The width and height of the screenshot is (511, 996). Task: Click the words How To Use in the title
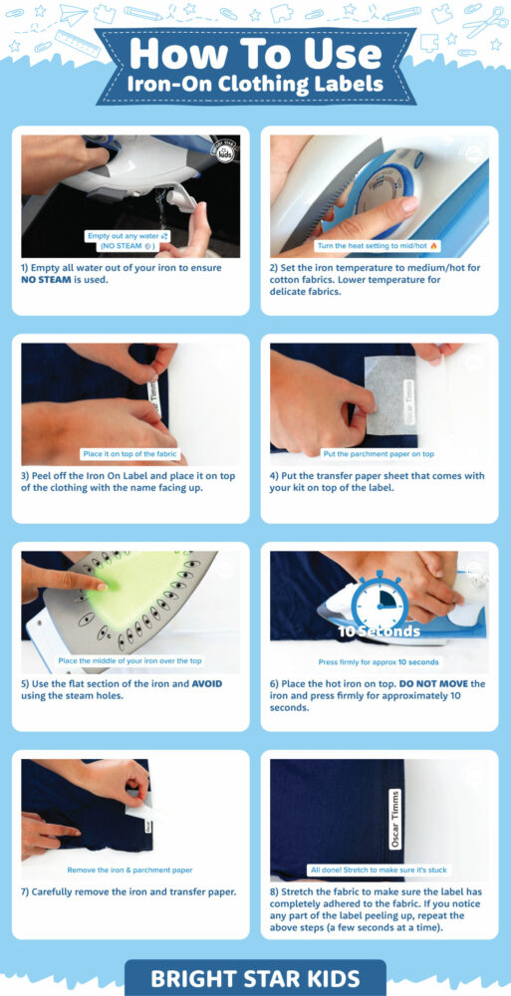click(255, 52)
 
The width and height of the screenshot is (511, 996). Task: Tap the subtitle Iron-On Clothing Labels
click(255, 84)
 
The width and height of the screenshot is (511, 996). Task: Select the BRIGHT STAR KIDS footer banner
click(255, 978)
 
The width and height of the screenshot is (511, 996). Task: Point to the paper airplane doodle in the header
click(72, 14)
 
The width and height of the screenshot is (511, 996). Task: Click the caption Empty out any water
click(130, 235)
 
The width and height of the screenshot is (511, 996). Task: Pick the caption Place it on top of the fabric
click(130, 453)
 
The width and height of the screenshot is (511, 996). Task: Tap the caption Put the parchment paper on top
click(379, 453)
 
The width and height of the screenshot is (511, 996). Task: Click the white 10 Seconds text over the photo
click(379, 631)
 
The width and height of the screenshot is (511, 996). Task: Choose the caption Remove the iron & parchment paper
click(130, 870)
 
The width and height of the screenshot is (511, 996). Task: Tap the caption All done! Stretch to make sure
click(379, 870)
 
